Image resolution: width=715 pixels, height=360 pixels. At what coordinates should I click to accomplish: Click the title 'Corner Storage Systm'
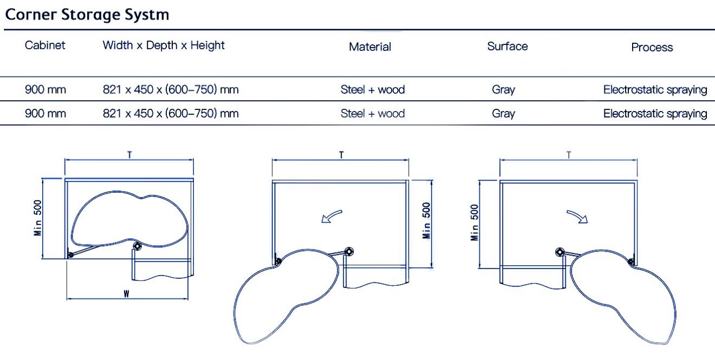[x=87, y=15]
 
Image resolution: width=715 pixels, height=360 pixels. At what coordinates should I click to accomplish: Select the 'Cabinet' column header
[x=45, y=45]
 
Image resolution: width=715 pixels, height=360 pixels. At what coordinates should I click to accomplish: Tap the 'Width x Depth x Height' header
[x=164, y=45]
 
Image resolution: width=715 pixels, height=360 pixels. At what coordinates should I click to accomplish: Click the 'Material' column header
[x=370, y=47]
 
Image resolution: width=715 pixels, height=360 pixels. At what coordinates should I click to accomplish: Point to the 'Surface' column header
[x=508, y=46]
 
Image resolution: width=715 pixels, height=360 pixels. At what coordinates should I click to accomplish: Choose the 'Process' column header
[x=652, y=47]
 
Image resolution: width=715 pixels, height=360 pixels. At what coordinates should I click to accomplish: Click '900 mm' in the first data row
[x=45, y=89]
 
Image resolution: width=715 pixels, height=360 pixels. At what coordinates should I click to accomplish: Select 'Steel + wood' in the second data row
[x=373, y=113]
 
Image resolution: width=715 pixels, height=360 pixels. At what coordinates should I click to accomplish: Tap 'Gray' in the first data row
[x=503, y=90]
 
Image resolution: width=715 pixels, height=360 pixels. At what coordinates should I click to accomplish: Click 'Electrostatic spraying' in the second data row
[x=655, y=114]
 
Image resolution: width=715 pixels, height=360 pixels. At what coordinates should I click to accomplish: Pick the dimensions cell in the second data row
[x=171, y=114]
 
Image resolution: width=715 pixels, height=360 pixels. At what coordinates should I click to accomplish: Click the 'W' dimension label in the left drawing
[x=126, y=293]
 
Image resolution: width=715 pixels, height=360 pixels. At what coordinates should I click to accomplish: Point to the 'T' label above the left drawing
[x=129, y=155]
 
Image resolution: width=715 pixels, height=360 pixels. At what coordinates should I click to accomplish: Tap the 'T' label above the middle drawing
[x=341, y=155]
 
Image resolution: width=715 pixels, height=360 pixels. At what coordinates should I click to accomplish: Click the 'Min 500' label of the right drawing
[x=474, y=222]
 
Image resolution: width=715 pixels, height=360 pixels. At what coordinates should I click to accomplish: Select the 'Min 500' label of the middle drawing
[x=426, y=220]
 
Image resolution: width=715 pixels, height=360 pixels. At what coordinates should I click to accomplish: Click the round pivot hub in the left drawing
[x=137, y=246]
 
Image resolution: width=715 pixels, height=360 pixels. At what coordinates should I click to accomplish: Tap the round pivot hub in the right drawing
[x=560, y=252]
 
